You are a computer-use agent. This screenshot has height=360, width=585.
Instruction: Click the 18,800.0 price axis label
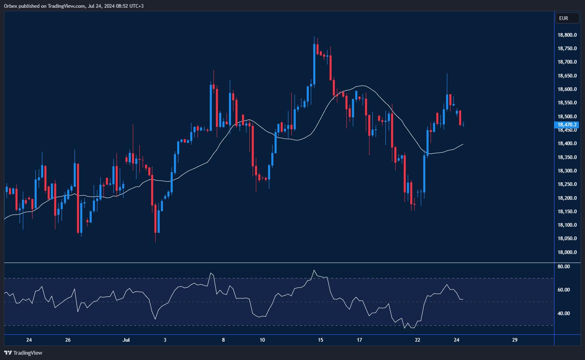567,35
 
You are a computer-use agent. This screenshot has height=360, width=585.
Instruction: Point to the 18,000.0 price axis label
567,252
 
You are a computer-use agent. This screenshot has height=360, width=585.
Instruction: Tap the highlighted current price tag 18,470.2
567,125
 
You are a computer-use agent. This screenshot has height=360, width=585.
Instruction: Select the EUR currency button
567,18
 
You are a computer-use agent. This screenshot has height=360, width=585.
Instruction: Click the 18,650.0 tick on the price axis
567,76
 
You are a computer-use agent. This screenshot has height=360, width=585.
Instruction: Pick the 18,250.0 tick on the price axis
567,184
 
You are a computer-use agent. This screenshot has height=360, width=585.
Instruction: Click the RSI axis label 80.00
563,267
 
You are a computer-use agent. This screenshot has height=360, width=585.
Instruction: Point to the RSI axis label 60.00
563,290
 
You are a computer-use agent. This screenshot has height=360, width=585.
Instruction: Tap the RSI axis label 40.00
563,314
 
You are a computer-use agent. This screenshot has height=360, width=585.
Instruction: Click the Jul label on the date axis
126,340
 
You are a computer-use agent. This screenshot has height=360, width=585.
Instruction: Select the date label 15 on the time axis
321,340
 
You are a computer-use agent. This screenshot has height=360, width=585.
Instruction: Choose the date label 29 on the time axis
515,340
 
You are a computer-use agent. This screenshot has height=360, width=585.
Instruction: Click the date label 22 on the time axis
418,340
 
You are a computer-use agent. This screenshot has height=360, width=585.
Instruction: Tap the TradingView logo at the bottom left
23,353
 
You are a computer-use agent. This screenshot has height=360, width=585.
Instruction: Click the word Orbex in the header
11,6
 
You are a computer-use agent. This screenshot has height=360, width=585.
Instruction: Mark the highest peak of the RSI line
314,270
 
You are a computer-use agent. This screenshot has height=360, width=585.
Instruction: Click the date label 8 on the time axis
223,340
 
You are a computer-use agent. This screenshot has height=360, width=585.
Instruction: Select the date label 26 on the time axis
68,340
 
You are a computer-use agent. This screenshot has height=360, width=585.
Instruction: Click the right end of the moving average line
463,144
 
